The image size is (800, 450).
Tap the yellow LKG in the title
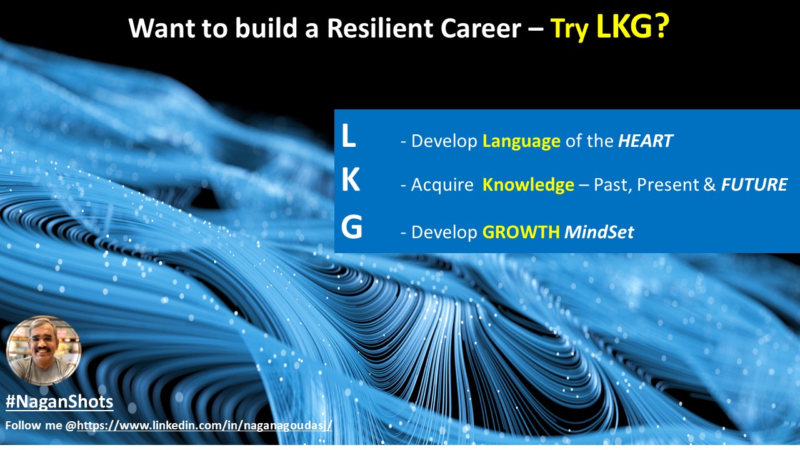click(625, 26)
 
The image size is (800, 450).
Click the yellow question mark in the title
click(662, 26)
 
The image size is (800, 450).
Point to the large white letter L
click(348, 136)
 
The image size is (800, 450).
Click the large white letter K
click(351, 179)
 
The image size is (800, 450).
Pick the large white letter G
click(351, 226)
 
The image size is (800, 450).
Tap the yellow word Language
click(521, 141)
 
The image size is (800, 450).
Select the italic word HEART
click(646, 141)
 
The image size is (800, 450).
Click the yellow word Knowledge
click(528, 185)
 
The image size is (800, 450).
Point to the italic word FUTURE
click(754, 184)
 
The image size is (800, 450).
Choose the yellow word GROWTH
click(521, 232)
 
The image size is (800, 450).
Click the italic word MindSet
click(599, 232)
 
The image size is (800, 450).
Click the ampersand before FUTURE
click(709, 184)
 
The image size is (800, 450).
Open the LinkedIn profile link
click(204, 426)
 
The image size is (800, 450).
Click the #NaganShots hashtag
click(59, 401)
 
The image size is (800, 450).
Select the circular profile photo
click(44, 351)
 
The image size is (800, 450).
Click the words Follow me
click(34, 426)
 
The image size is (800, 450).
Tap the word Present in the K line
click(667, 184)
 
